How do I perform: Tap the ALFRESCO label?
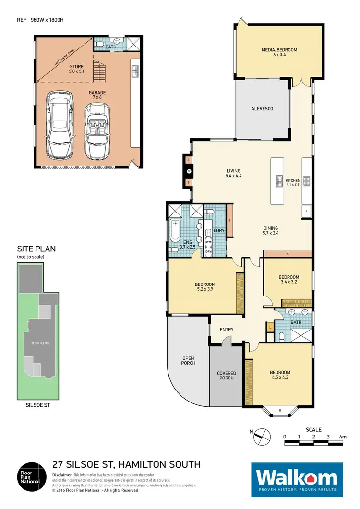coord(262,109)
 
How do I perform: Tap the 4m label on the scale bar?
coord(342,437)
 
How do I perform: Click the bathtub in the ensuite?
coord(174,231)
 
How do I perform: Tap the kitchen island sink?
coord(278,180)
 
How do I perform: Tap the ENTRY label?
coord(226,330)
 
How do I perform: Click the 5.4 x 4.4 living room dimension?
coord(233,176)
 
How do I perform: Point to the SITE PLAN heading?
coord(36,249)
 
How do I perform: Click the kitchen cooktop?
coord(306,180)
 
